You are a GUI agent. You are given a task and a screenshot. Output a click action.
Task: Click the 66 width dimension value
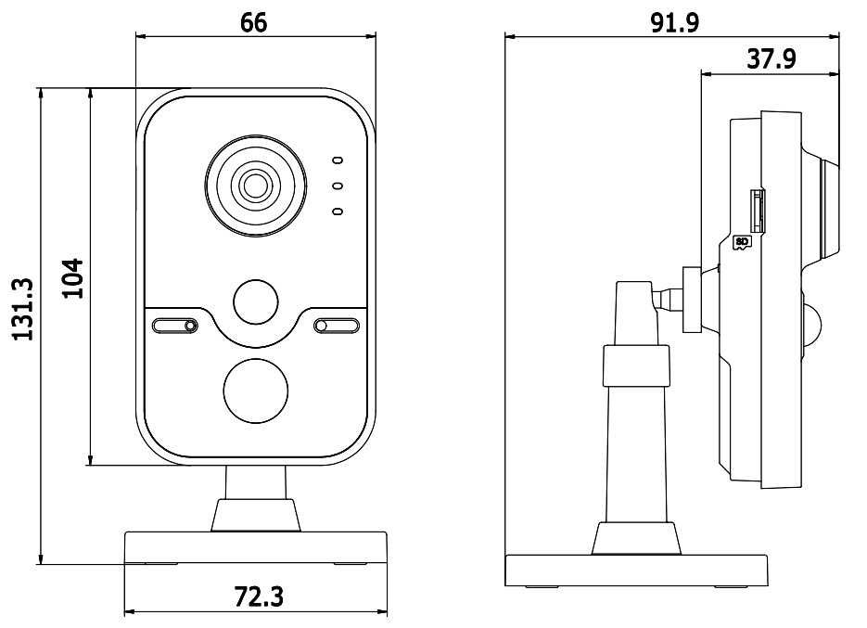[253, 22]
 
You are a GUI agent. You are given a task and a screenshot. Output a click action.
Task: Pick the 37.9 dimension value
[771, 59]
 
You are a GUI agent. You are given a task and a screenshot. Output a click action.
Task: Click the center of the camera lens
[254, 186]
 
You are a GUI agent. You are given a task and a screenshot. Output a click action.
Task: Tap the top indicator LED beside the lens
[338, 160]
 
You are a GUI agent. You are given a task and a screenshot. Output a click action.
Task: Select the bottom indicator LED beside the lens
[338, 212]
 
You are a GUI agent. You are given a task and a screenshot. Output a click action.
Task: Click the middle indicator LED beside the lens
[338, 186]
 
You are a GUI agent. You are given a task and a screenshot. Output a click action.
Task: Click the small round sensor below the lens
[255, 301]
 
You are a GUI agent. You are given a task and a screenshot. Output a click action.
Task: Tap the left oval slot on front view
[175, 326]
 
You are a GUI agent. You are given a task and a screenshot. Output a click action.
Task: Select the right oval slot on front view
[336, 326]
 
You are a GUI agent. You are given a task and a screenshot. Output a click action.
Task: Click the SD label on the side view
[741, 244]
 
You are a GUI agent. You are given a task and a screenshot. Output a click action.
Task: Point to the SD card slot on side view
[758, 210]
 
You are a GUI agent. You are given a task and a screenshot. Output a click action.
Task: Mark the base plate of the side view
[636, 568]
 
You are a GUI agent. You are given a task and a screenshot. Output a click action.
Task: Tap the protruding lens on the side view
[828, 209]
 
